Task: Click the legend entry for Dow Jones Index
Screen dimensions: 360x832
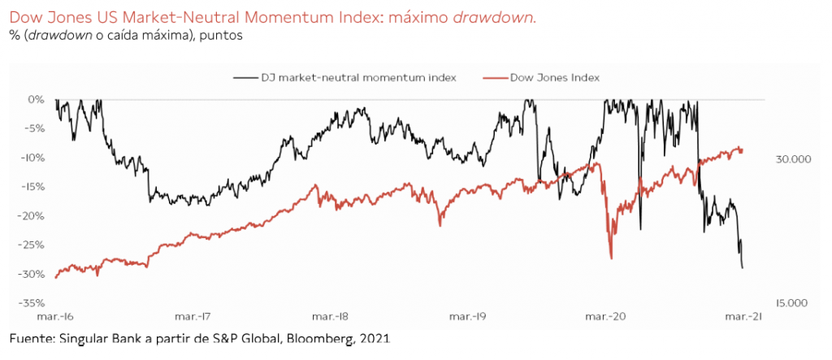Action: coord(553,77)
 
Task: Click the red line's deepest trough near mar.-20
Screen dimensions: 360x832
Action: coord(610,258)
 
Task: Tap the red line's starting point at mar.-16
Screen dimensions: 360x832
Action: coord(55,278)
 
